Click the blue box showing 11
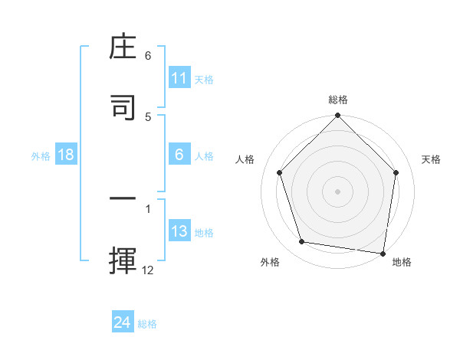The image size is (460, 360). [x=179, y=78]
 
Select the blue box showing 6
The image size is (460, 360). [x=179, y=155]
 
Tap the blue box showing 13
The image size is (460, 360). [x=179, y=232]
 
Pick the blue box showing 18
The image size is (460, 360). [x=66, y=155]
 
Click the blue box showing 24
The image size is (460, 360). [x=123, y=322]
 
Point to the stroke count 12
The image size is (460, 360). [x=148, y=270]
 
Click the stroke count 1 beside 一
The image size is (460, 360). [x=148, y=208]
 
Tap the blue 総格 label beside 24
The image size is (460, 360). [x=147, y=324]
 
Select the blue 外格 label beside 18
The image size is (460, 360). [x=41, y=156]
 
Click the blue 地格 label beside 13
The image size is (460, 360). [x=204, y=233]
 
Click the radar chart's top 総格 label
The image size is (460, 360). [x=337, y=100]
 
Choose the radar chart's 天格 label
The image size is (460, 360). [x=432, y=159]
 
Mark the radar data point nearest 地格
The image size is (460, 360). [x=383, y=253]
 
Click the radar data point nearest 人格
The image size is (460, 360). [x=279, y=172]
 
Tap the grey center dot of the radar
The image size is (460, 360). [x=337, y=191]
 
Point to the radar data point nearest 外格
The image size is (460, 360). [x=302, y=242]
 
